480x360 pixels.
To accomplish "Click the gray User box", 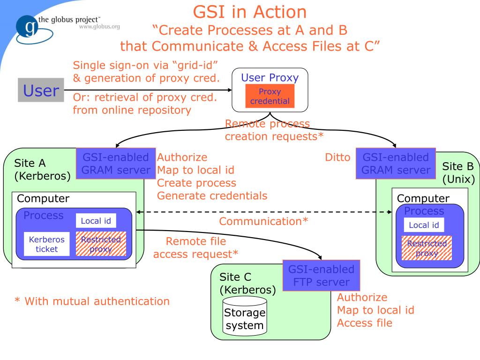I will (41, 90).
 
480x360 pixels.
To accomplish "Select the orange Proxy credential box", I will (270, 96).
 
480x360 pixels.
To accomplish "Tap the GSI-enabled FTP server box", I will (321, 276).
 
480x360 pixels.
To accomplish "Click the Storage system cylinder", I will (244, 318).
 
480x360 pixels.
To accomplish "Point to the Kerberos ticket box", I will (46, 244).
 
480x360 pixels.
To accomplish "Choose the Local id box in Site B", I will (424, 225).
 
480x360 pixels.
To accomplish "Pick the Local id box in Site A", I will (96, 221).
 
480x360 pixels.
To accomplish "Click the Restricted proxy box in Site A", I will (100, 244).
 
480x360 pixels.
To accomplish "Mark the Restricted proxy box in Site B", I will (427, 248).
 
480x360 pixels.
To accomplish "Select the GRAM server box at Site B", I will (395, 164).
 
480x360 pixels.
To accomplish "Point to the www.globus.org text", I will (99, 26).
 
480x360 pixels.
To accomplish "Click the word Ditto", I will (337, 157).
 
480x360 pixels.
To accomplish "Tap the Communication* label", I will (263, 221).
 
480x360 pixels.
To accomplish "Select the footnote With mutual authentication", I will (92, 301).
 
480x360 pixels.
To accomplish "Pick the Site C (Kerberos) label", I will (247, 283).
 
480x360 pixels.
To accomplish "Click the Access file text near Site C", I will (365, 323).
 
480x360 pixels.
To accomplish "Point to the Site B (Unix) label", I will (458, 172).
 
